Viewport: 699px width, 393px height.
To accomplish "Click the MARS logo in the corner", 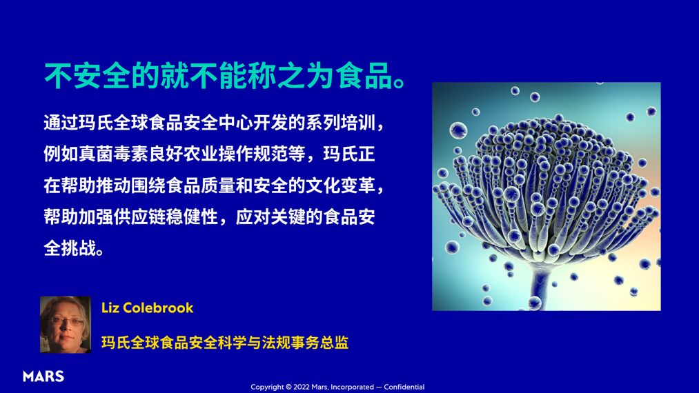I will point(43,376).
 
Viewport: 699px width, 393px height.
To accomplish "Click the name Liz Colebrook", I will point(147,308).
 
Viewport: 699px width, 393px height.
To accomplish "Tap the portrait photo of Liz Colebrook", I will point(66,325).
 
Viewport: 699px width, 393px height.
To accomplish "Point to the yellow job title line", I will point(224,343).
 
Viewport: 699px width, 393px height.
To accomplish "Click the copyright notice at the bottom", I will point(337,387).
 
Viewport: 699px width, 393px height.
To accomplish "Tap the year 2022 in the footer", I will point(302,387).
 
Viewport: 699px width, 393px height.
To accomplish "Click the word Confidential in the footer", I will point(404,387).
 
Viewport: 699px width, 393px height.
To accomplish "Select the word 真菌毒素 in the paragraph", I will point(115,154).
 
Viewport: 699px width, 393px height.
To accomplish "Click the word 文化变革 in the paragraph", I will point(341,185).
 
